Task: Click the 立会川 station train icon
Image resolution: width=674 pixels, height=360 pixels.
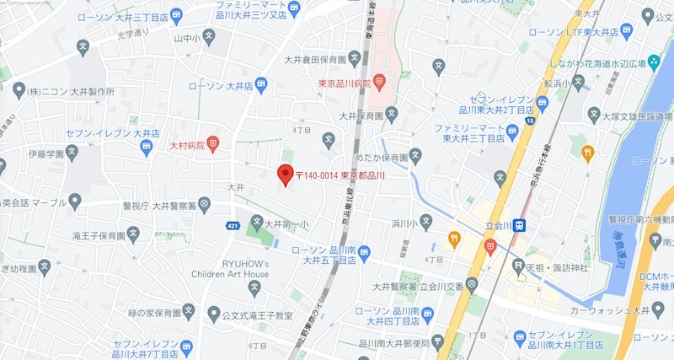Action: [x=521, y=225]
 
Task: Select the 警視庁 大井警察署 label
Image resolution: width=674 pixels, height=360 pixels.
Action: [x=163, y=202]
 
